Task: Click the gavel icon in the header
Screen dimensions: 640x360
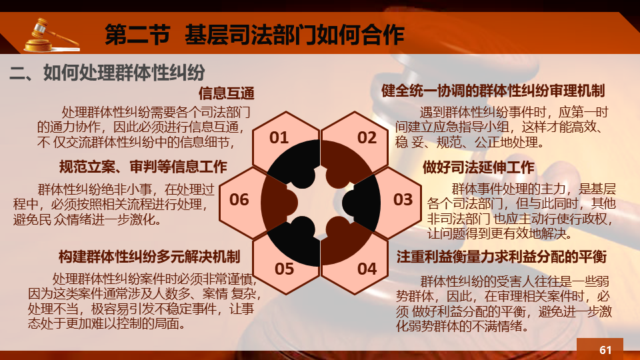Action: (x=51, y=35)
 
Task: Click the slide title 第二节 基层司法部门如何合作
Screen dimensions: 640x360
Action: (x=254, y=34)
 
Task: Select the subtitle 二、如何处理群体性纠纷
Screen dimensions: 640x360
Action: (x=107, y=73)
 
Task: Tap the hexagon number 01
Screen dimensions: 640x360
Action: (x=279, y=137)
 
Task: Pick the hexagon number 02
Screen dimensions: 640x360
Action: (x=367, y=137)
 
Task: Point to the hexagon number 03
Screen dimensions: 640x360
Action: (x=403, y=199)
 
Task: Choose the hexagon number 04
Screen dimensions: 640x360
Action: (x=367, y=269)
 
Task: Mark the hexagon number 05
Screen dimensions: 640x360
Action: (x=285, y=269)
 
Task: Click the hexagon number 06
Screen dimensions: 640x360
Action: (x=239, y=199)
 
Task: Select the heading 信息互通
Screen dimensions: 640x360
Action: (x=227, y=93)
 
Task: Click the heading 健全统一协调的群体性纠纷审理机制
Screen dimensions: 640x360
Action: (x=493, y=91)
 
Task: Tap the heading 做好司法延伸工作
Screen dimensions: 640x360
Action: (x=479, y=167)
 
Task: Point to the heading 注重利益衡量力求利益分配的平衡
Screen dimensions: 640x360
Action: (x=501, y=257)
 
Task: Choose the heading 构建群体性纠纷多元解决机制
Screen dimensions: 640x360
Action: (x=149, y=257)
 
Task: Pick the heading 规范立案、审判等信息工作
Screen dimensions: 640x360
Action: (x=143, y=167)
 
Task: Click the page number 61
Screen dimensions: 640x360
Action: (x=605, y=350)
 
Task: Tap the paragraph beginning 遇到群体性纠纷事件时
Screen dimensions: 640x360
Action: (x=501, y=127)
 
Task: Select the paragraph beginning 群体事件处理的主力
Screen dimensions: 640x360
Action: (x=521, y=211)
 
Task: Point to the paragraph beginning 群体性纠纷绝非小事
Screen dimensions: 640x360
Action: (x=114, y=204)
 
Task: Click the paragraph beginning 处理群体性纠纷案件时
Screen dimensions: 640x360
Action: (x=144, y=301)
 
